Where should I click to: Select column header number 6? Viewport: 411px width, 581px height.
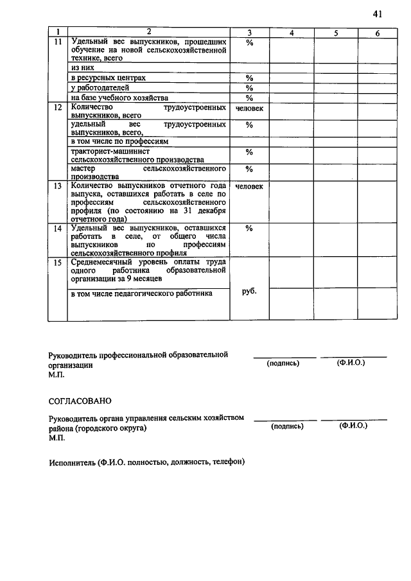(x=378, y=32)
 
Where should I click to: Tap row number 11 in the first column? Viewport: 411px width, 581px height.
(x=58, y=42)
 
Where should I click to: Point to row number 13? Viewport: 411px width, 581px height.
(x=58, y=186)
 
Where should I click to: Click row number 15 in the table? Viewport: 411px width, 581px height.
(x=58, y=263)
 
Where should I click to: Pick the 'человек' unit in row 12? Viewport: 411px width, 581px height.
(x=249, y=108)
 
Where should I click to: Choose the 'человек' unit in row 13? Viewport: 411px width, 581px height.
(x=249, y=187)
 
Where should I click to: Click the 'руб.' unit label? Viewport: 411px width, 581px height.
(x=249, y=291)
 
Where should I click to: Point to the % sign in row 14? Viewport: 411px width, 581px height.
(x=249, y=228)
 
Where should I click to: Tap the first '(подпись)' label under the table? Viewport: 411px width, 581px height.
(x=283, y=363)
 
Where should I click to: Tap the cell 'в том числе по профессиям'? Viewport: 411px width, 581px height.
(x=119, y=140)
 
